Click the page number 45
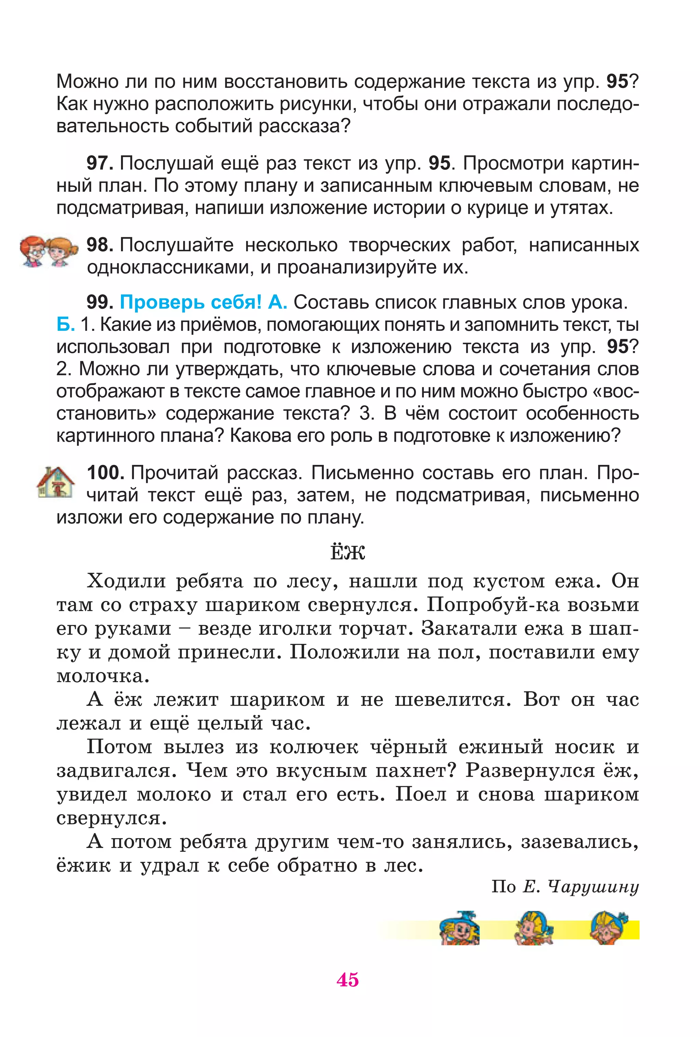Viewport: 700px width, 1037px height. click(348, 980)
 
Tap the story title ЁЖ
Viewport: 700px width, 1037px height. click(348, 552)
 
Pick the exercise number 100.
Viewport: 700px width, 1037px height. click(105, 473)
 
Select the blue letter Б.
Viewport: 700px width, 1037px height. click(65, 324)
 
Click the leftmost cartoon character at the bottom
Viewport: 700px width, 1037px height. click(459, 929)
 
